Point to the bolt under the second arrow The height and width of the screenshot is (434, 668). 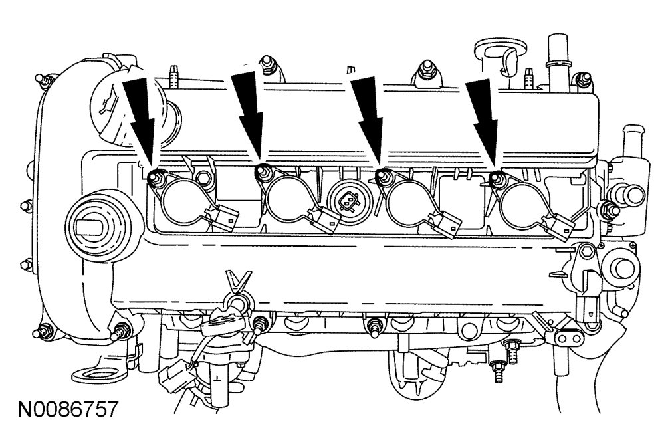coord(261,174)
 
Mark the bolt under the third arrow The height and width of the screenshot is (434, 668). coord(382,176)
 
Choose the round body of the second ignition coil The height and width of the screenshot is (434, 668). coord(287,199)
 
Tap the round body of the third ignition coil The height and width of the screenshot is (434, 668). coord(407,199)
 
